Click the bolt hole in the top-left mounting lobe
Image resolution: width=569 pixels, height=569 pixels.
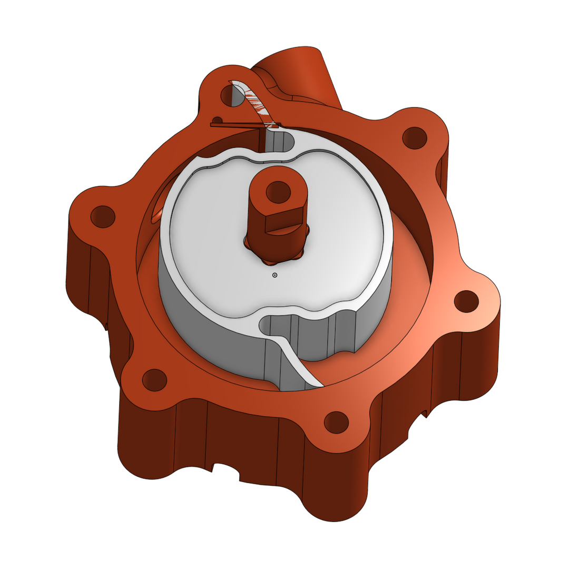[x=230, y=95]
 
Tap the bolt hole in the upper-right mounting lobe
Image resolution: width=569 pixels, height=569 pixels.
[x=414, y=138]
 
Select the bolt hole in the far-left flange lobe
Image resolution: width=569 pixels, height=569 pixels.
[x=103, y=216]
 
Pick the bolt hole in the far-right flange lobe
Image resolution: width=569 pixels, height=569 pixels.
[x=466, y=301]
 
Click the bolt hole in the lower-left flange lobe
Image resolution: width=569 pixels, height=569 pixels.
[x=154, y=380]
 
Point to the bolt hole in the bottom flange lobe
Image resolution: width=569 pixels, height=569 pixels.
[x=336, y=422]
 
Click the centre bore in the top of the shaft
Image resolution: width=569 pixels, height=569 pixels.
[x=278, y=192]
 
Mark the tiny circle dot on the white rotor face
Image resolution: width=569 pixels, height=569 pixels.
[x=274, y=275]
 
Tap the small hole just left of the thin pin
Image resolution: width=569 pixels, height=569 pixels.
[x=216, y=119]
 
